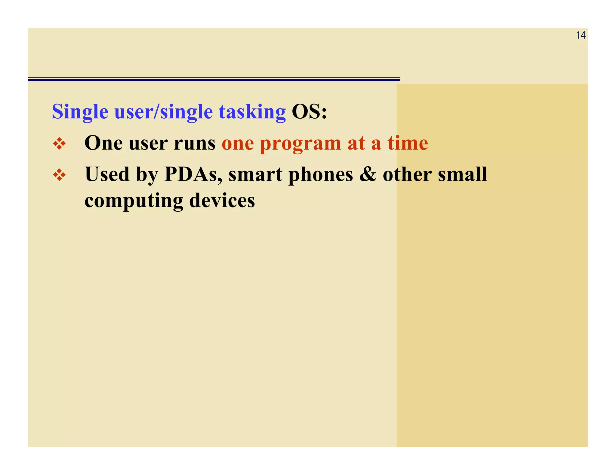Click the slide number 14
[x=581, y=35]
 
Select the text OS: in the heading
[x=309, y=112]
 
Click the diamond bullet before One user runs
[x=59, y=144]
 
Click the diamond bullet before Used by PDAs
[x=59, y=175]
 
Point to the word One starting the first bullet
[x=103, y=143]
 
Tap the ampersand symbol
[x=368, y=174]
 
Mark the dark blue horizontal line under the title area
[x=214, y=79]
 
